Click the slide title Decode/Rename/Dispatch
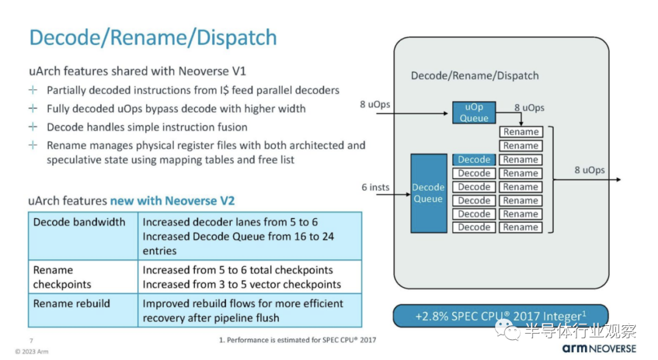(153, 37)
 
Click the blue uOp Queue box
(474, 113)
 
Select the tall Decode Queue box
(428, 193)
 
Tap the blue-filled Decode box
(474, 160)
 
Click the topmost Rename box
(521, 132)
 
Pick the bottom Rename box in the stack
(521, 227)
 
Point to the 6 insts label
(375, 187)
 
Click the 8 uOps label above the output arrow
(590, 170)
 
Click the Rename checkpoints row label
(62, 277)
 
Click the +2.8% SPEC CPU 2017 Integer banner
(501, 316)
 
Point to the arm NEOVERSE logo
(600, 348)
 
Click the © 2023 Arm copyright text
(32, 351)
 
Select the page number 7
(31, 341)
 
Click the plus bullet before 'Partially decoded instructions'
(33, 90)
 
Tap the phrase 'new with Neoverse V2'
(172, 200)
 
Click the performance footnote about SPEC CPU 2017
(297, 340)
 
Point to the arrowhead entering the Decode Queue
(408, 194)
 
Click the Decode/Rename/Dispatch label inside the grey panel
(475, 76)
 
